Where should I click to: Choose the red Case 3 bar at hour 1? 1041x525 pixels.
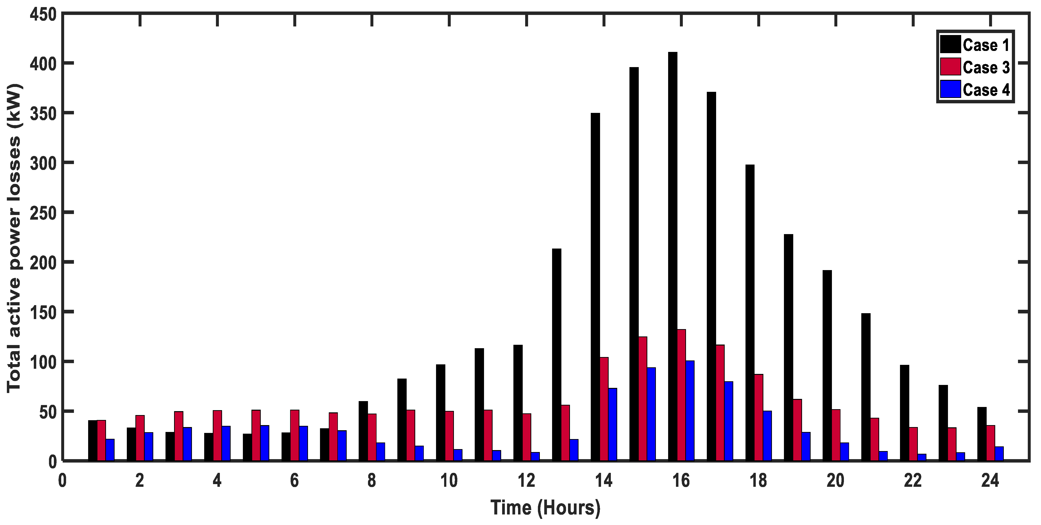click(x=101, y=441)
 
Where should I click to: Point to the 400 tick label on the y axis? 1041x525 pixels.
click(x=43, y=63)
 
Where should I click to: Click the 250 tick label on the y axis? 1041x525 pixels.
click(x=43, y=213)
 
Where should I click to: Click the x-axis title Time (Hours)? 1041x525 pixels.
click(x=545, y=508)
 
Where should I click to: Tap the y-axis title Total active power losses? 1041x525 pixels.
click(x=14, y=239)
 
